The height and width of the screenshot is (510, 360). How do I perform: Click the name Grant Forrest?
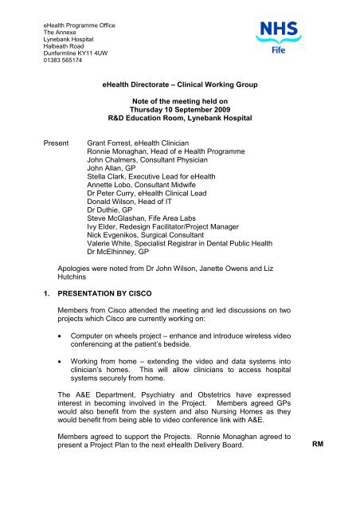pos(110,137)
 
